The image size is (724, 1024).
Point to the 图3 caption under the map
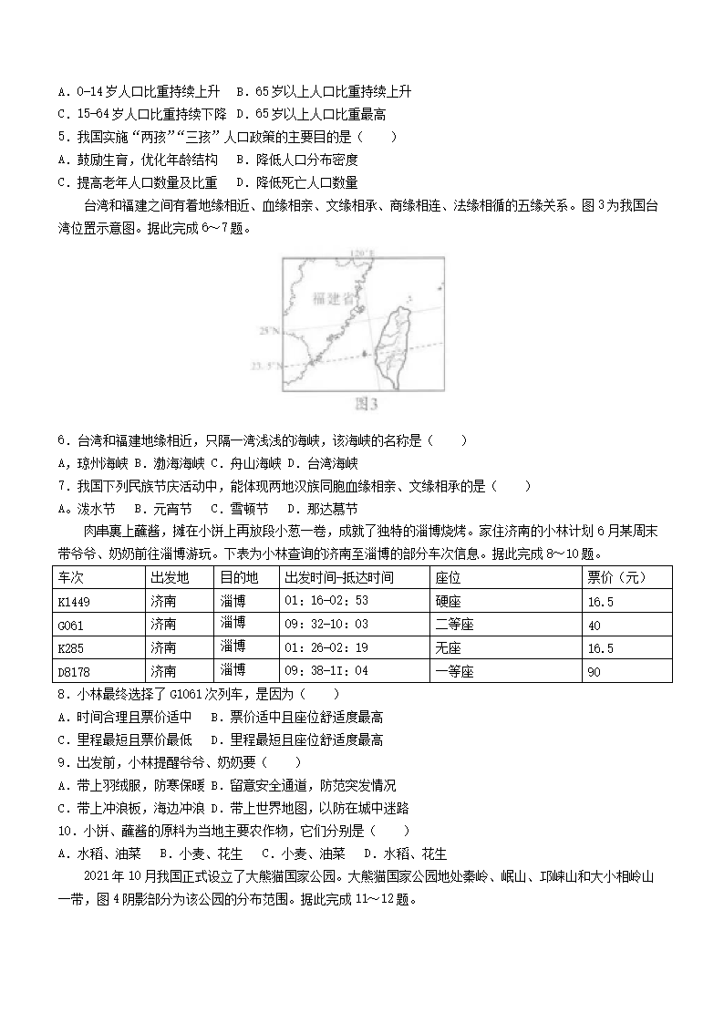tap(363, 402)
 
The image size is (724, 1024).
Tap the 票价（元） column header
tap(616, 577)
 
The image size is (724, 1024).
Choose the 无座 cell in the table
tap(448, 648)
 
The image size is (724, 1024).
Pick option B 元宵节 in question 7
tap(162, 509)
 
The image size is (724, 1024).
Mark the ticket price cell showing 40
tap(595, 625)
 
